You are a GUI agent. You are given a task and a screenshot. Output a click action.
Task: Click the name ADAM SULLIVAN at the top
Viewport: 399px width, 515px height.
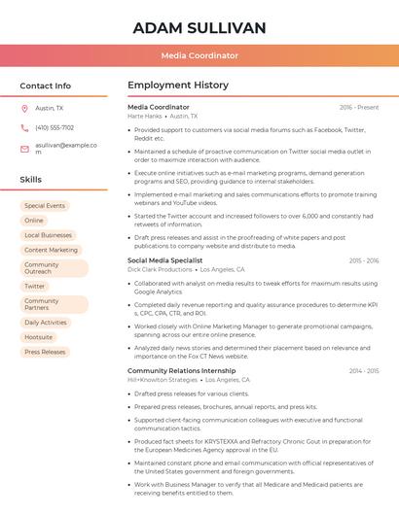point(199,27)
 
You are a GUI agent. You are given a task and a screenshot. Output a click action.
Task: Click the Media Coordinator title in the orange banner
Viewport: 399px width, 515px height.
point(199,55)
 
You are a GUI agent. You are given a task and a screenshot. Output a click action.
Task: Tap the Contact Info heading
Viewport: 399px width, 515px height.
point(45,86)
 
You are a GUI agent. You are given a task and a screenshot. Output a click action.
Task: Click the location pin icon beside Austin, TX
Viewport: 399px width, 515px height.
point(24,109)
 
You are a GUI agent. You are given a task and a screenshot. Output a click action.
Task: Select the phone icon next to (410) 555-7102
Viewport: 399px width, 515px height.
point(24,127)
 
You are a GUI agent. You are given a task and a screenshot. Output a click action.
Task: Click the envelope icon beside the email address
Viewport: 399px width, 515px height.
point(24,146)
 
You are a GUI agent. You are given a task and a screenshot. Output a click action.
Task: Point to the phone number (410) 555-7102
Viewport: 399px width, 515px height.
point(54,127)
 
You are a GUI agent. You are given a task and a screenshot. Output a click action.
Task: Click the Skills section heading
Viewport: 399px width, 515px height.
point(31,180)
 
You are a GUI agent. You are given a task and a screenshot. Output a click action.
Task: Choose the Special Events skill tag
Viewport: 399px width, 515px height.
point(45,206)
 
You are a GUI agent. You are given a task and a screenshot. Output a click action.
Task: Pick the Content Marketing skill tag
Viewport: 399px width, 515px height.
point(51,250)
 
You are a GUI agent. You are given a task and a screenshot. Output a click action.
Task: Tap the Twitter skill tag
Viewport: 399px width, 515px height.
point(35,287)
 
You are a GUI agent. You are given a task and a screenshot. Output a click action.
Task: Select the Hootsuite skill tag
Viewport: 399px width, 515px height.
point(39,337)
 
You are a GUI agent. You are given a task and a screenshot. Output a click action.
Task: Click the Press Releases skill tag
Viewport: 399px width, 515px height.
point(45,352)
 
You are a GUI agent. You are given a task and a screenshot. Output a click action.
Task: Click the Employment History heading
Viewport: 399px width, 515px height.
point(178,86)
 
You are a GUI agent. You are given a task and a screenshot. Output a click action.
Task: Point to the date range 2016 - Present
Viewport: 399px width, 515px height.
point(359,107)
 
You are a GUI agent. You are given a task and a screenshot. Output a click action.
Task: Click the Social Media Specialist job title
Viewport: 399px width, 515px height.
point(164,260)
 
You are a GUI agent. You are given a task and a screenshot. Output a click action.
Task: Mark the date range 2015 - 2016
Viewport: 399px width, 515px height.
point(363,260)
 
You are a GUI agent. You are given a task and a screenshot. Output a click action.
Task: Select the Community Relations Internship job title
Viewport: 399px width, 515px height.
point(181,370)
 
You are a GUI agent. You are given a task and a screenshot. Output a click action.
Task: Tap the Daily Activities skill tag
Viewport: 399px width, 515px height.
point(46,323)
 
